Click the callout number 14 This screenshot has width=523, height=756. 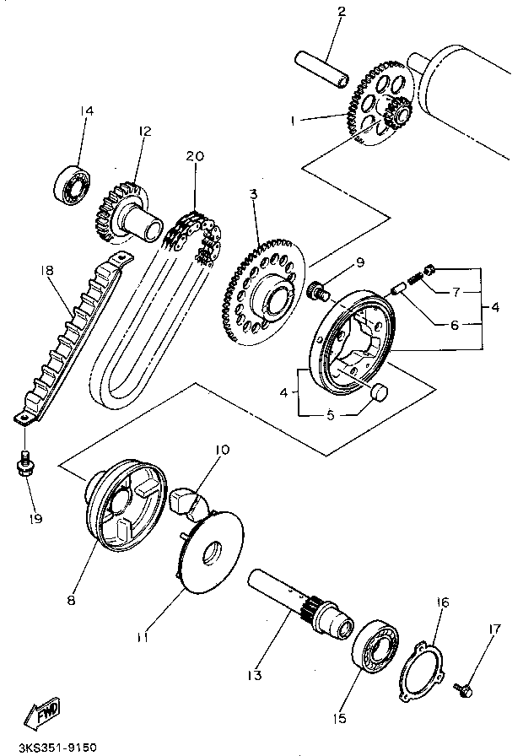(x=87, y=111)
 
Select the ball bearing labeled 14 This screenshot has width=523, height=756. (x=73, y=183)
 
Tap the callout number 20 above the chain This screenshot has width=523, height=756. (x=195, y=156)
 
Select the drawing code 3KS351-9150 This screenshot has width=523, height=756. (x=57, y=748)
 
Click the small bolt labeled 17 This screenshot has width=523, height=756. (x=463, y=689)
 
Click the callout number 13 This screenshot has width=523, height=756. (x=254, y=675)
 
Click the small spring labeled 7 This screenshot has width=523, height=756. (x=416, y=278)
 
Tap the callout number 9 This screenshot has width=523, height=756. (x=360, y=262)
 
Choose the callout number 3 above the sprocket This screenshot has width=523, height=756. (x=254, y=194)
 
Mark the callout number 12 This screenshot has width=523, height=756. (x=144, y=131)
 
